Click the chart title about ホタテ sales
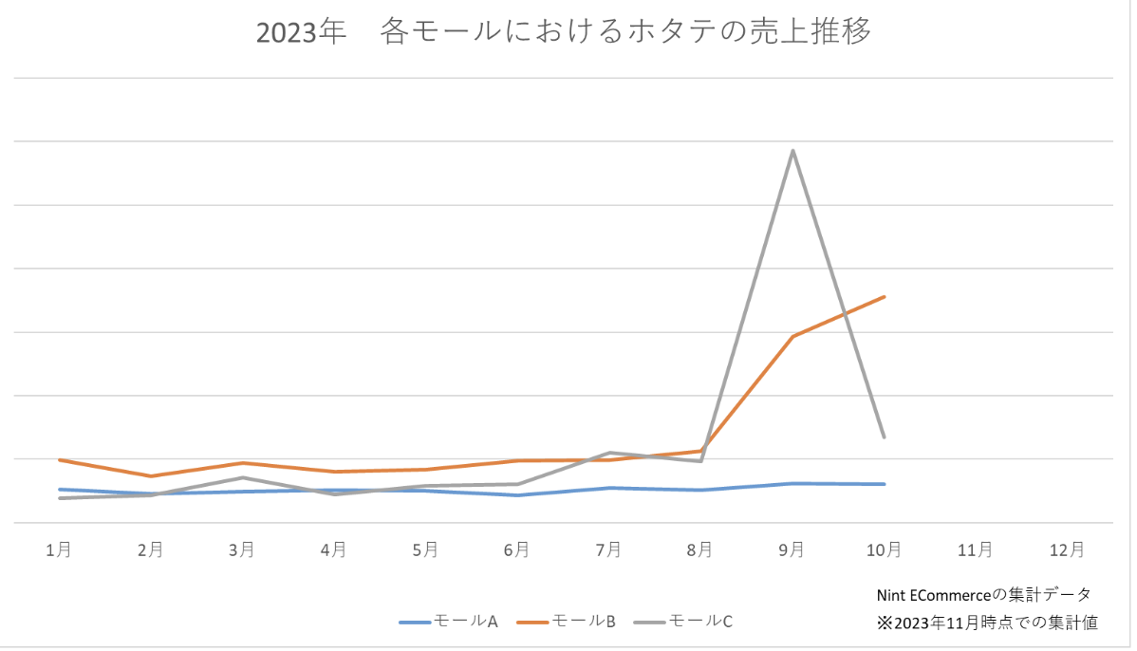pyautogui.click(x=564, y=32)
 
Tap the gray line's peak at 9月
pyautogui.click(x=792, y=150)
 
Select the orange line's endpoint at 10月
pyautogui.click(x=885, y=297)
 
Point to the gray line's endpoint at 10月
pyautogui.click(x=885, y=437)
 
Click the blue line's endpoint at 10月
pyautogui.click(x=885, y=484)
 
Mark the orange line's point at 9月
pyautogui.click(x=792, y=336)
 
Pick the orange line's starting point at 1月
pyautogui.click(x=59, y=459)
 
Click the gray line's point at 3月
pyautogui.click(x=242, y=477)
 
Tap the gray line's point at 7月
pyautogui.click(x=609, y=453)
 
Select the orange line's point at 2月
pyautogui.click(x=150, y=475)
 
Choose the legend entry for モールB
pyautogui.click(x=568, y=622)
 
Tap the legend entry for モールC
pyautogui.click(x=685, y=622)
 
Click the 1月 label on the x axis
pyautogui.click(x=59, y=549)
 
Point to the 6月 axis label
pyautogui.click(x=517, y=549)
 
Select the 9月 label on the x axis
pyautogui.click(x=792, y=549)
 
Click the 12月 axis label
pyautogui.click(x=1068, y=549)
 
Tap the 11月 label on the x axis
pyautogui.click(x=976, y=549)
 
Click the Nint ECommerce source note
pyautogui.click(x=984, y=595)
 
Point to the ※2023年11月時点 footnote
pyautogui.click(x=987, y=623)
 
